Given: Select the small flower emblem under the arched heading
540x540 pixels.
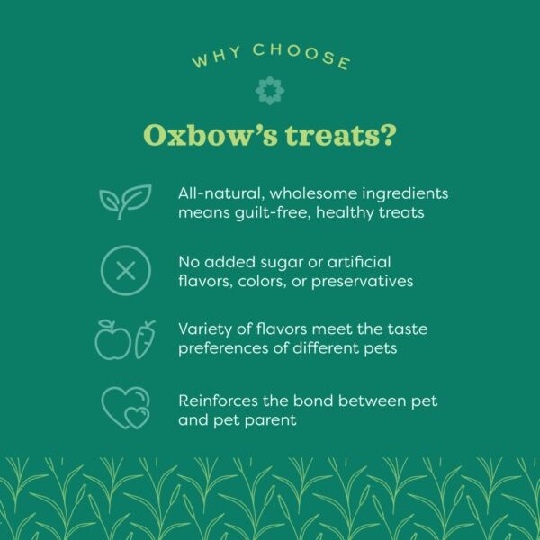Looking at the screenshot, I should click(x=269, y=90).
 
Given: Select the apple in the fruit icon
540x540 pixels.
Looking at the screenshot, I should click(x=113, y=340).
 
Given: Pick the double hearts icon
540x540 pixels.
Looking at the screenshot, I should click(x=124, y=408).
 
